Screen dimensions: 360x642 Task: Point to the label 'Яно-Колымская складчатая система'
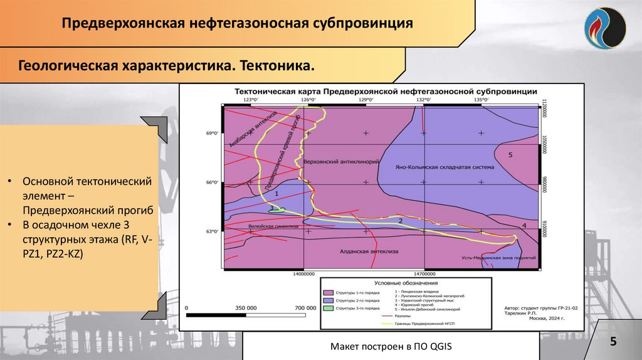pos(445,167)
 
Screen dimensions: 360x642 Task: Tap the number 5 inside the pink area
pos(510,154)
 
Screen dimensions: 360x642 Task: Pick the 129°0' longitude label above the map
pos(366,99)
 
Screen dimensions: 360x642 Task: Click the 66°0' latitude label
pos(214,183)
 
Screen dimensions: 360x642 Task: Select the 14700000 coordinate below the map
pos(424,274)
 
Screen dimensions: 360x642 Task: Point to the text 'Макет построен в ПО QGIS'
pos(391,347)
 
